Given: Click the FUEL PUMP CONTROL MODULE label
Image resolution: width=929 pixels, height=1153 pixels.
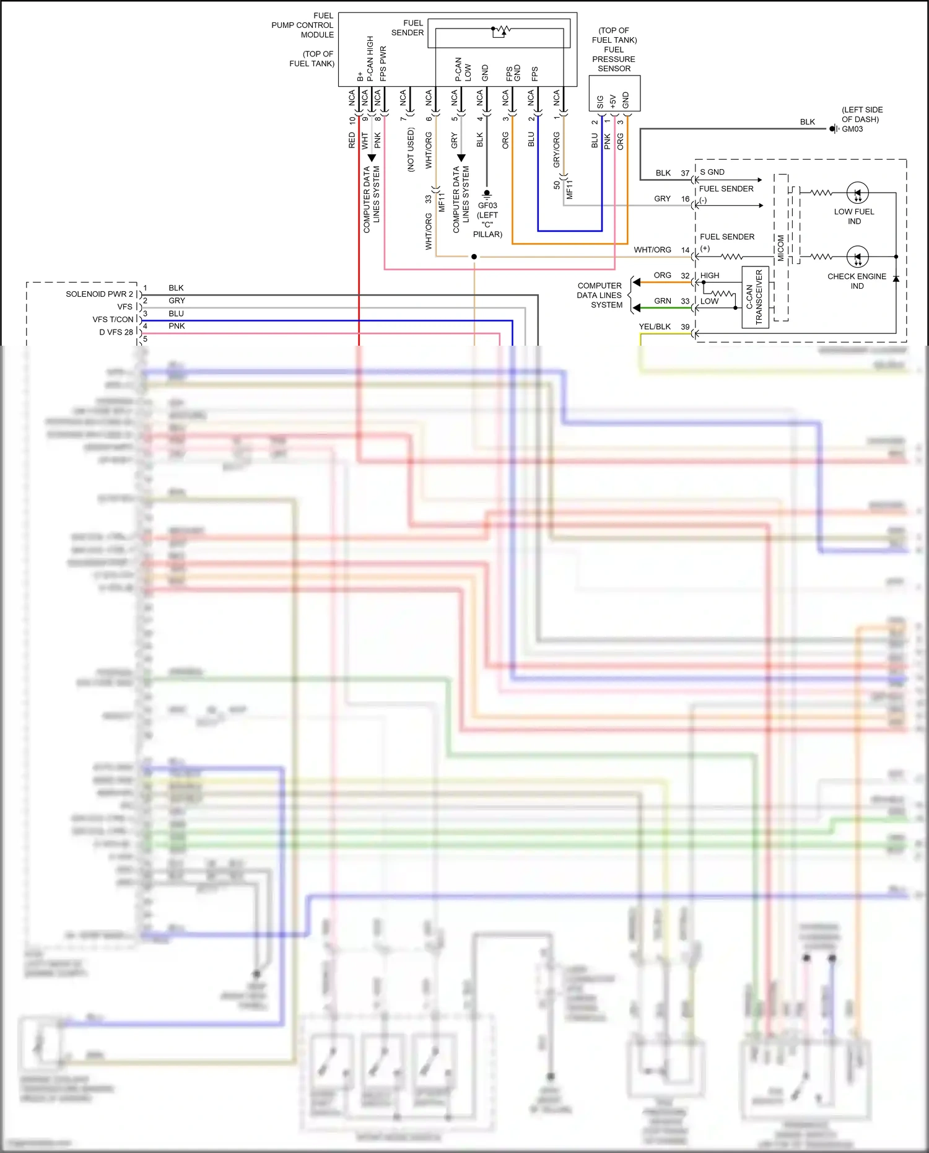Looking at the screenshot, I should pyautogui.click(x=303, y=25).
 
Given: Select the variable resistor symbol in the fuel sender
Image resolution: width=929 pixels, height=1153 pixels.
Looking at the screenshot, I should pyautogui.click(x=500, y=30).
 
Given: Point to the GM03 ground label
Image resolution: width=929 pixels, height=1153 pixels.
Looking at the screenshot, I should pyautogui.click(x=852, y=129).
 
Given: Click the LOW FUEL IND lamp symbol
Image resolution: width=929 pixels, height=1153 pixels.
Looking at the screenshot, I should pyautogui.click(x=857, y=193).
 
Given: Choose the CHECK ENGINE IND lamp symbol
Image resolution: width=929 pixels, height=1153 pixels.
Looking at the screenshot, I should pyautogui.click(x=857, y=256).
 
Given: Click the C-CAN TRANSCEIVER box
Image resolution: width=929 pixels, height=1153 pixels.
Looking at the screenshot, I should pyautogui.click(x=755, y=297).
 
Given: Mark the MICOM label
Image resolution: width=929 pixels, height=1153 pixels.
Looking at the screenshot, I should pyautogui.click(x=781, y=248).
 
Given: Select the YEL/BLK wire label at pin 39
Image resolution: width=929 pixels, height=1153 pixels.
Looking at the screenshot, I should pyautogui.click(x=655, y=327).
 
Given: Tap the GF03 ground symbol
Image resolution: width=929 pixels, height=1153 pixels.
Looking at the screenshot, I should pyautogui.click(x=487, y=194).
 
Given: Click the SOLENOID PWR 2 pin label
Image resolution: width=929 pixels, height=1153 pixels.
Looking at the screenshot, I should pyautogui.click(x=99, y=294).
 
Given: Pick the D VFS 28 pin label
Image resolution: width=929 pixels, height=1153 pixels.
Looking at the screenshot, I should pyautogui.click(x=116, y=332).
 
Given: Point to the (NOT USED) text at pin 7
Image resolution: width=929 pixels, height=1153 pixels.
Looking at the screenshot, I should pyautogui.click(x=411, y=149).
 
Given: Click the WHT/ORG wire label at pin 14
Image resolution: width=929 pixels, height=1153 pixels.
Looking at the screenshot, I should pyautogui.click(x=652, y=250).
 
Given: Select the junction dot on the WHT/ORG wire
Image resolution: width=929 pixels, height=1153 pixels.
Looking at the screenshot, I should pyautogui.click(x=474, y=256).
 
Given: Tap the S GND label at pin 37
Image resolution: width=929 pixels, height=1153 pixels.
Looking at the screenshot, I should pyautogui.click(x=712, y=172).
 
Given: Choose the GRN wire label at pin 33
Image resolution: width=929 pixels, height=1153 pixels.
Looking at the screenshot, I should pyautogui.click(x=662, y=301).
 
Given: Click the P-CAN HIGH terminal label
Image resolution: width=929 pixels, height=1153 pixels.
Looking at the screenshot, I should pyautogui.click(x=370, y=58).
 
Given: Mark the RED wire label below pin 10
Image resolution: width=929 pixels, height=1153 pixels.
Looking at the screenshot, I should pyautogui.click(x=352, y=140).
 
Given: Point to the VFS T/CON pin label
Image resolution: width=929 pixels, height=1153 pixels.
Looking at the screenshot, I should pyautogui.click(x=113, y=320).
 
